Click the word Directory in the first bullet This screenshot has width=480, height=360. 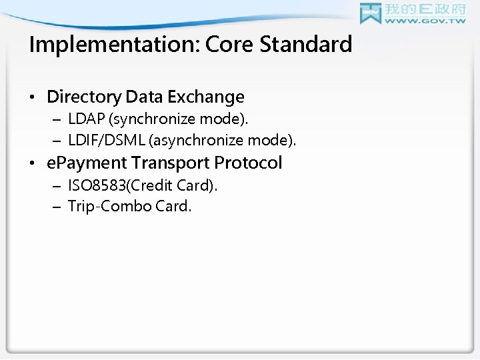(x=84, y=97)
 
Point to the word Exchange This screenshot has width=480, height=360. (x=206, y=97)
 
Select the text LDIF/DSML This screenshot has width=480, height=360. (x=103, y=140)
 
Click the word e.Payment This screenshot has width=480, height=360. (x=85, y=163)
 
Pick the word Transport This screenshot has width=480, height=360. (x=170, y=163)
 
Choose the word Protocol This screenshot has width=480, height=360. (x=248, y=163)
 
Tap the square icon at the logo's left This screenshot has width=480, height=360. (x=371, y=13)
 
